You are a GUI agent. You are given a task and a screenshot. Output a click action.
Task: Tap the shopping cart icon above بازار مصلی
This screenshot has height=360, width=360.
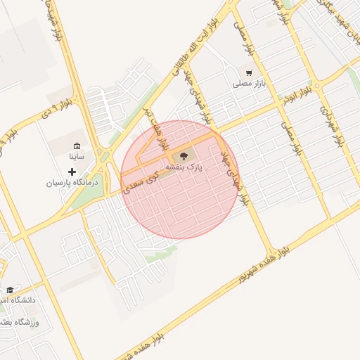pos(249,72)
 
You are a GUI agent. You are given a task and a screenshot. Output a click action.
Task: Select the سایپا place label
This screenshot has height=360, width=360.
pos(77,157)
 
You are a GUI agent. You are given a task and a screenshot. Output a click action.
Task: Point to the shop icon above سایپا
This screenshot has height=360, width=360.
pos(77,146)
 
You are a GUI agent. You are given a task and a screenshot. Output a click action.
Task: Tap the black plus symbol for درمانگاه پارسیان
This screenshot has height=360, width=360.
pos(72,172)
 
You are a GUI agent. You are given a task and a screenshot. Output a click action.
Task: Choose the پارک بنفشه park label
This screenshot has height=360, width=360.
pos(184,169)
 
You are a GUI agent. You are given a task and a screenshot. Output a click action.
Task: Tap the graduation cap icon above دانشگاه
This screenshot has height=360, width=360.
pos(10,290)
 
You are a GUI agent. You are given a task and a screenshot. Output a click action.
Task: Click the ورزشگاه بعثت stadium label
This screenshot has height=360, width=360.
pos(21,322)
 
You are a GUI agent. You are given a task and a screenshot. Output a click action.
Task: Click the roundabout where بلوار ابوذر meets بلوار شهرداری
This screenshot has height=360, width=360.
pos(318,86)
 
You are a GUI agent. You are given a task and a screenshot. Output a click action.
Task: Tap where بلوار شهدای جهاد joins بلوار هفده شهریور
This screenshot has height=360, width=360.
pos(271,252)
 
